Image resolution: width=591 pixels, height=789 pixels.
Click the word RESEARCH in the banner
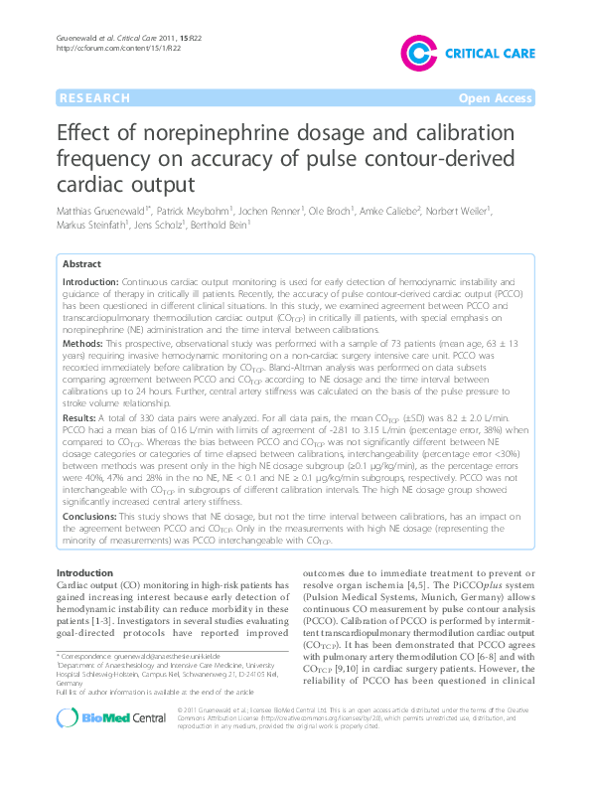click(94, 98)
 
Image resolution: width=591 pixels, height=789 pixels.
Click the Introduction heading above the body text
click(84, 574)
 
